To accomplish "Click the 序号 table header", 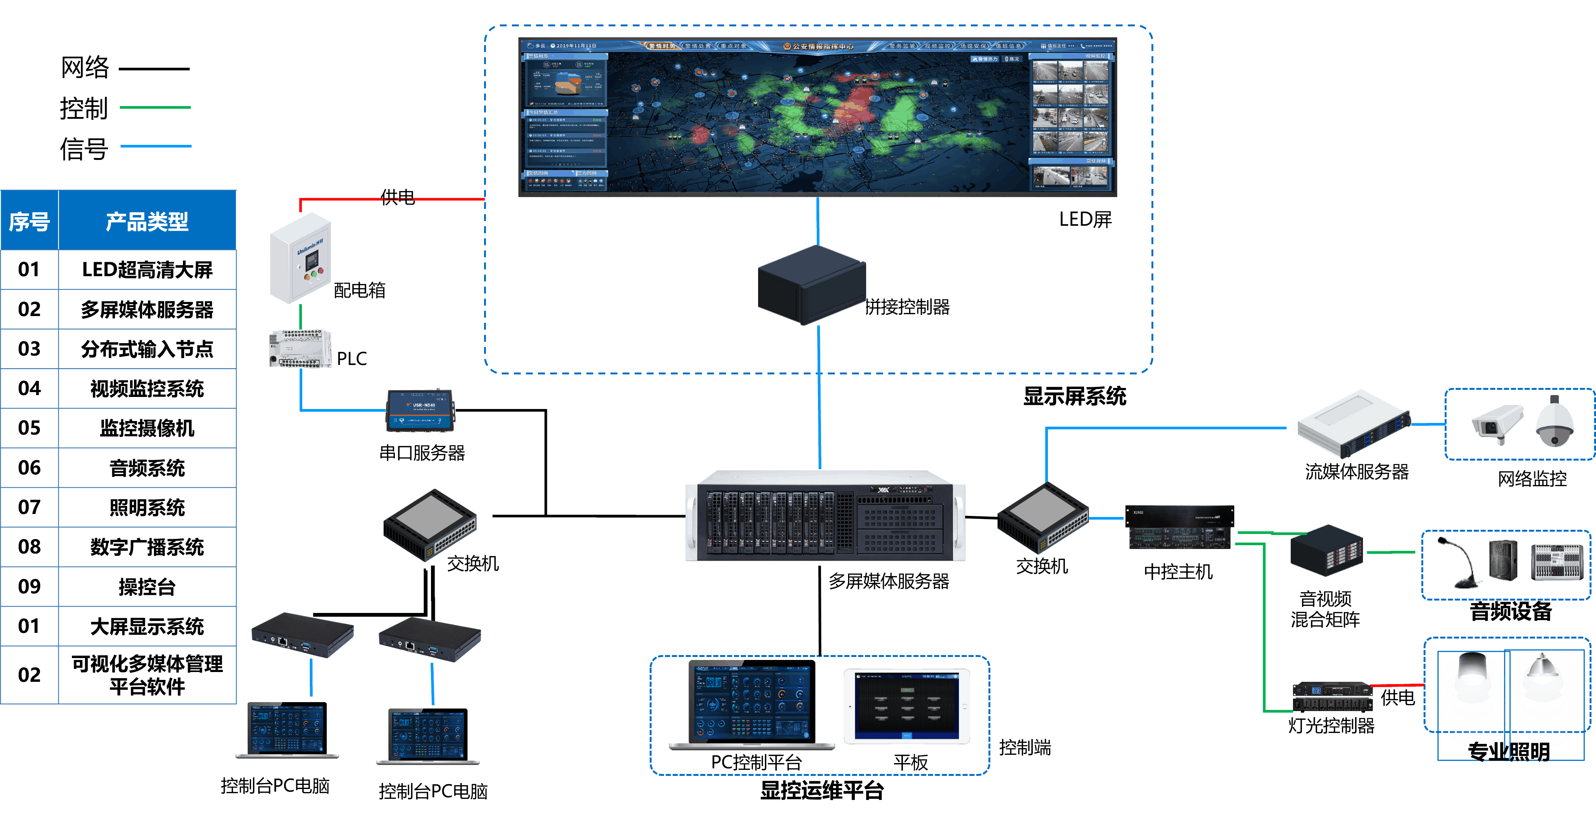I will [x=29, y=221].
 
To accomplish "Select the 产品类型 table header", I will [x=147, y=221].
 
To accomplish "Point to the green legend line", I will [x=155, y=108].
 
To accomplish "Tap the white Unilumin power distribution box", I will [x=300, y=258].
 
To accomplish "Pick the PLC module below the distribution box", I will [x=300, y=349].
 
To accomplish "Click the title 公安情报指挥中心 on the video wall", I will [x=822, y=46].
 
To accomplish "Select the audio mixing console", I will [x=1557, y=562].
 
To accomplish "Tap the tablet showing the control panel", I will [x=906, y=706].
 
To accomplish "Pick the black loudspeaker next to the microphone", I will [x=1503, y=561].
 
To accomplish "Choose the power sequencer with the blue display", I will [x=1332, y=697].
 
